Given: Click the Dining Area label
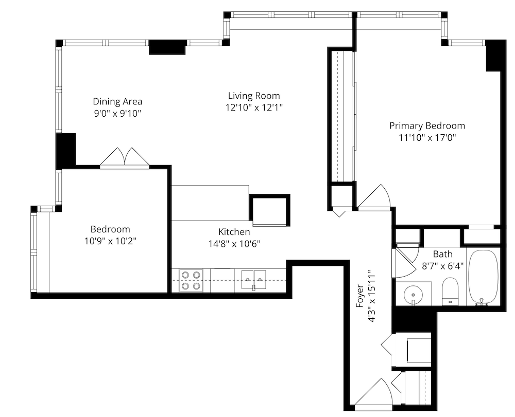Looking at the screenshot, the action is pyautogui.click(x=117, y=101).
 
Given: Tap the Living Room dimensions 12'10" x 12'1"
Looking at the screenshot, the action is pyautogui.click(x=254, y=107).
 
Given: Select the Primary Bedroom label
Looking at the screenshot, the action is pyautogui.click(x=427, y=126).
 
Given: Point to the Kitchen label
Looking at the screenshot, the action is pyautogui.click(x=234, y=232).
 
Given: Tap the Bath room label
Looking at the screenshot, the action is pyautogui.click(x=442, y=254).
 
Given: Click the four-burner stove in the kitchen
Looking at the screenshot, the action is pyautogui.click(x=191, y=280).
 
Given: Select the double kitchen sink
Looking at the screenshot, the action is pyautogui.click(x=253, y=280).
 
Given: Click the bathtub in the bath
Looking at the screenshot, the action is pyautogui.click(x=483, y=278).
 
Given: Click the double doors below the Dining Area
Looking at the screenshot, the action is pyautogui.click(x=125, y=157).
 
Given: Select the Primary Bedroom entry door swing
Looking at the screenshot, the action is pyautogui.click(x=374, y=196).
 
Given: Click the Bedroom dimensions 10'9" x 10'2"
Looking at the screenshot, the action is pyautogui.click(x=110, y=241).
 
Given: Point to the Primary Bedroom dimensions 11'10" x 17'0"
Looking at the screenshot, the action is pyautogui.click(x=427, y=138).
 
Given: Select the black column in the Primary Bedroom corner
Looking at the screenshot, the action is pyautogui.click(x=495, y=55).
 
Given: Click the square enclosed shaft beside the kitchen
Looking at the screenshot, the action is pyautogui.click(x=270, y=210).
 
